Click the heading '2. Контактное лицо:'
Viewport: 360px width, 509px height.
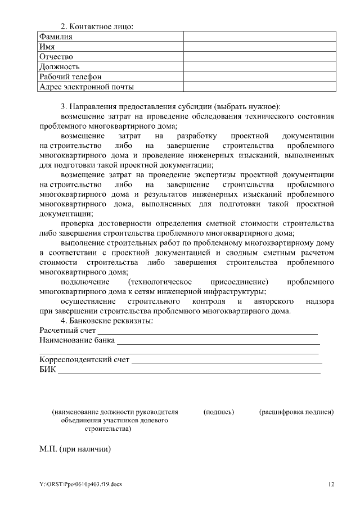97,26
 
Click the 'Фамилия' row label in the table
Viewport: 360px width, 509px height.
56,37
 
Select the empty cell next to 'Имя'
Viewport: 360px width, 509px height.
259,47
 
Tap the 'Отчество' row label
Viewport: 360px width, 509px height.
56,57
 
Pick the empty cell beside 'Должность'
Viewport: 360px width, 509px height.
259,67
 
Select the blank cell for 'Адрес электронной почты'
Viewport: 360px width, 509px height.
259,87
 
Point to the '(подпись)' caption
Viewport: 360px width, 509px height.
218,412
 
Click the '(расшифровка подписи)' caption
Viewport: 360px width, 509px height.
296,412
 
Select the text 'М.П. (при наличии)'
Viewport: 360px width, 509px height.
75,449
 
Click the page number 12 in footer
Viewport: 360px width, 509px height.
331,485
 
